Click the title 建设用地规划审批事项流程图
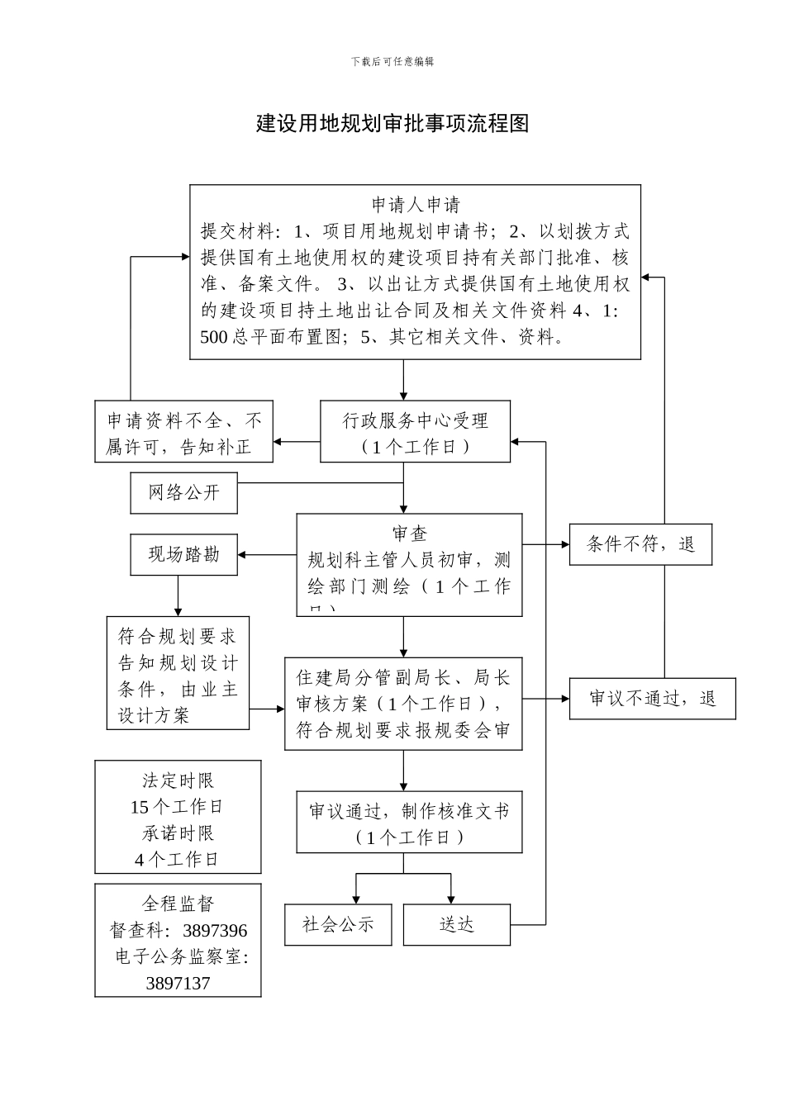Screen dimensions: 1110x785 tap(392, 124)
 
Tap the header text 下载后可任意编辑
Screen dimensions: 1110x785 tap(392, 61)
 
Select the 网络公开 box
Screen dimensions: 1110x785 tap(183, 493)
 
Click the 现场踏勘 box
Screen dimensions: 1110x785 tap(183, 554)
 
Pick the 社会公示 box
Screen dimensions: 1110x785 tap(338, 924)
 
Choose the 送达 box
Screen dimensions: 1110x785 tap(456, 924)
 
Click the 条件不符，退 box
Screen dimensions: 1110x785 tap(640, 544)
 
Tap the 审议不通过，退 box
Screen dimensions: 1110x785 tap(652, 698)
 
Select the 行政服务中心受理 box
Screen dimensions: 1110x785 tap(415, 432)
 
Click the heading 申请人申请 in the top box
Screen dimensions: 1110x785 tap(415, 205)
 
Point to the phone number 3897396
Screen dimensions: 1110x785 tap(215, 931)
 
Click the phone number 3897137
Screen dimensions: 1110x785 tap(178, 984)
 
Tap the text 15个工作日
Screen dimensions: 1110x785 tap(178, 807)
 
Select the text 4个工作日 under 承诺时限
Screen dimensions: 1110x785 tap(178, 860)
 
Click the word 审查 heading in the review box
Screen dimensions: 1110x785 tap(410, 534)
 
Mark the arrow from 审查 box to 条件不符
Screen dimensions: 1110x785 tap(546, 544)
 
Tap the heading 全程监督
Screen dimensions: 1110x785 tap(178, 904)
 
